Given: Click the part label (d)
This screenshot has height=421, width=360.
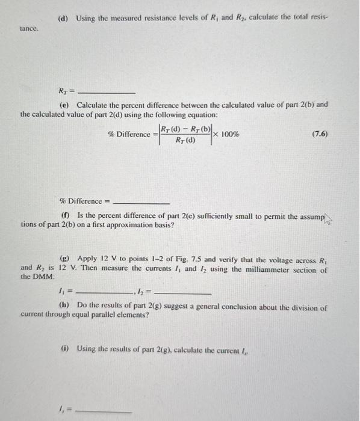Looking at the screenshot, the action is (x=63, y=18).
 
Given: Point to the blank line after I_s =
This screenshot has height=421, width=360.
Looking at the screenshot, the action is (x=106, y=411).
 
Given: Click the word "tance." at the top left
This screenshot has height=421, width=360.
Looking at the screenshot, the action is (x=29, y=28).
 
